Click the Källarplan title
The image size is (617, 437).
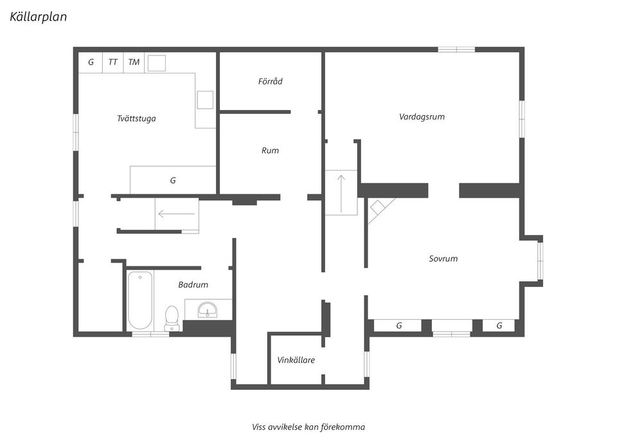(x=38, y=17)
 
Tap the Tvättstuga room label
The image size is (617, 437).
(x=136, y=118)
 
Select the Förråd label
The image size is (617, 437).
(x=271, y=81)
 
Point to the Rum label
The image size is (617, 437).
(x=271, y=150)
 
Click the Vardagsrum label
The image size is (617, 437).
(x=422, y=116)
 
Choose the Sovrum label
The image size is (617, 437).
(x=443, y=259)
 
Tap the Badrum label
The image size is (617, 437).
(x=193, y=284)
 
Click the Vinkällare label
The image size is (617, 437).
(x=296, y=360)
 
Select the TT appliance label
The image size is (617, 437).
(x=113, y=62)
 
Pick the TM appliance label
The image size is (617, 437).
(x=134, y=62)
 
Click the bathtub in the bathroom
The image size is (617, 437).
(x=139, y=301)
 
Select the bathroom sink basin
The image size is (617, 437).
(x=208, y=310)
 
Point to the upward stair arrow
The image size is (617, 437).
(x=341, y=194)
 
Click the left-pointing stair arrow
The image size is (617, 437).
(x=176, y=214)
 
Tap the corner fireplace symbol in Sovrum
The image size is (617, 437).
(x=379, y=208)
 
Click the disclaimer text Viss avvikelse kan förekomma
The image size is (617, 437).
(x=308, y=427)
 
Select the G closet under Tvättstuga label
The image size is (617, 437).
(x=173, y=180)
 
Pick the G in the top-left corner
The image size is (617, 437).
(x=91, y=62)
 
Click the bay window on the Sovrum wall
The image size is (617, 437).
(x=541, y=259)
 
